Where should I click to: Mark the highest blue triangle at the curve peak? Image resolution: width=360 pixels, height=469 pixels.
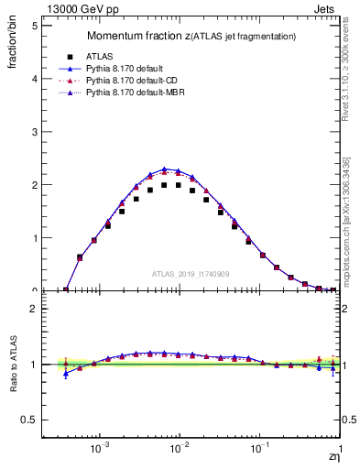(164, 169)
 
